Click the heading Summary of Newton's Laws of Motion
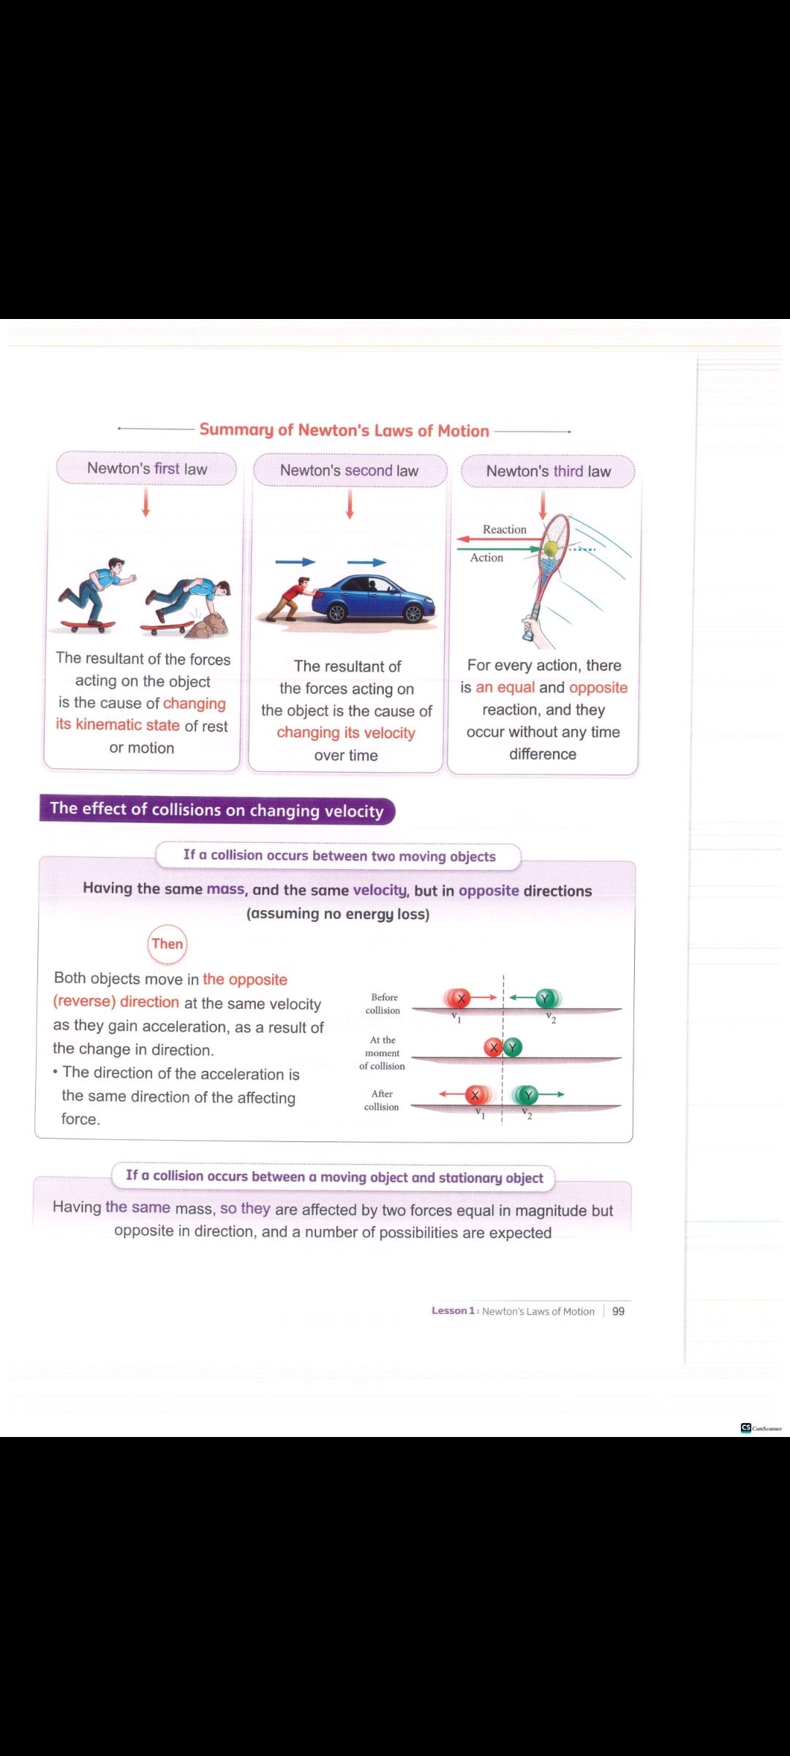pyautogui.click(x=344, y=430)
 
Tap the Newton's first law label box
pyautogui.click(x=147, y=469)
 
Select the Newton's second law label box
pyautogui.click(x=350, y=470)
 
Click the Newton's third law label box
pyautogui.click(x=548, y=472)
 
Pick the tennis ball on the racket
pyautogui.click(x=550, y=549)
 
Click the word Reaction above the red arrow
pyautogui.click(x=504, y=530)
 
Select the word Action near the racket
pyautogui.click(x=486, y=558)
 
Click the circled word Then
pyautogui.click(x=168, y=944)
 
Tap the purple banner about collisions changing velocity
pyautogui.click(x=217, y=810)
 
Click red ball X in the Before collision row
pyautogui.click(x=460, y=998)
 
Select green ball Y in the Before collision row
pyautogui.click(x=545, y=998)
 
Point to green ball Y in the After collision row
pyautogui.click(x=527, y=1095)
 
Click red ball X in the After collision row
pyautogui.click(x=476, y=1095)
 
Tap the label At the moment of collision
pyautogui.click(x=382, y=1053)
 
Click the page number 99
pyautogui.click(x=618, y=1311)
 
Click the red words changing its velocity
pyautogui.click(x=345, y=733)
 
